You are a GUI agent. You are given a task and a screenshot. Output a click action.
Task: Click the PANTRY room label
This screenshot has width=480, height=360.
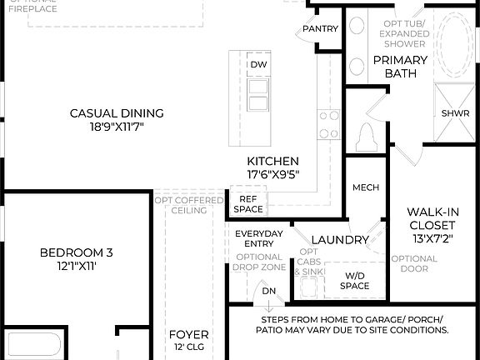321,28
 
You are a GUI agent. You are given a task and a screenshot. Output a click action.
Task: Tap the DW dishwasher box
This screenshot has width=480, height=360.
257,64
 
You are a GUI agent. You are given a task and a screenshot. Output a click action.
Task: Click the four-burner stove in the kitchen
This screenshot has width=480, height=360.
328,125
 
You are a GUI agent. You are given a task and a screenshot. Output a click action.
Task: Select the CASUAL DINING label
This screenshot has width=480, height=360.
117,113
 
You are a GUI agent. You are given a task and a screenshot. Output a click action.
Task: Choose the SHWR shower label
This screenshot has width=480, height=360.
455,113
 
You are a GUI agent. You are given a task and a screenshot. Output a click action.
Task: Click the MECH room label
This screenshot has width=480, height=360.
366,187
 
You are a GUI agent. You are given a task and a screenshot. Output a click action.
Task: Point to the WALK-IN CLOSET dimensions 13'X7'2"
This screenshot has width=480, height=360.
431,239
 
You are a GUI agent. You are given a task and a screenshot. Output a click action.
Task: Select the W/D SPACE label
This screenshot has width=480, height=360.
355,281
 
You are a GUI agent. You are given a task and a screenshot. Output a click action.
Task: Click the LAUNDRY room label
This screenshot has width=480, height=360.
340,240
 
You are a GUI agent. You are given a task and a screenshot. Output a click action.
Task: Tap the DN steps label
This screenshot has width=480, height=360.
268,291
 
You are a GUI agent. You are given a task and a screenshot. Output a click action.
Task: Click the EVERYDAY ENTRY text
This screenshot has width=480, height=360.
258,239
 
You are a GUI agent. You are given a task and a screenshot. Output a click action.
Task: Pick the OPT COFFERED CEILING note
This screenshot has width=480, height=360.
189,205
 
